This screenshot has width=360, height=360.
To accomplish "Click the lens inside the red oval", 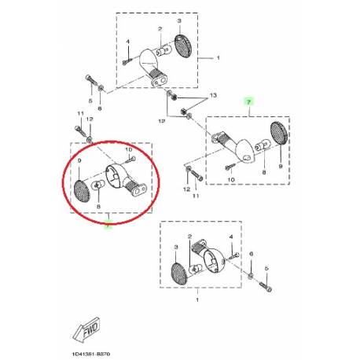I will [x=83, y=189].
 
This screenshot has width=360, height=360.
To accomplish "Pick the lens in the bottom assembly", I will [x=179, y=274].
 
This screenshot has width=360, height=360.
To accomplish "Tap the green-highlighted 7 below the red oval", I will [x=107, y=225].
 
